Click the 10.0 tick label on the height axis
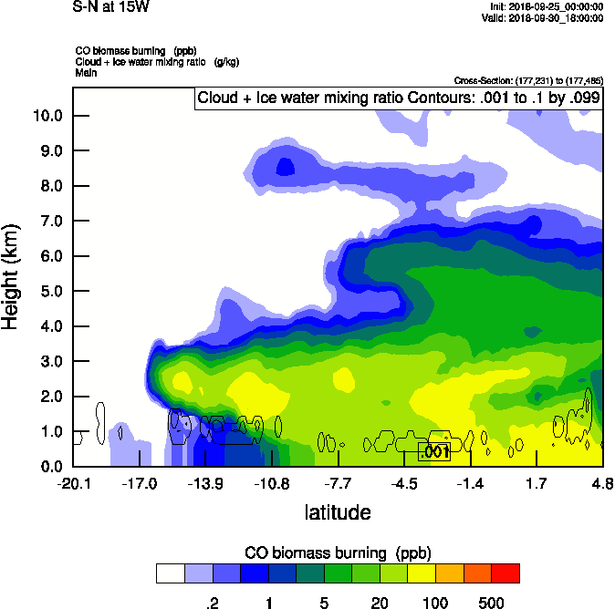pos(47,116)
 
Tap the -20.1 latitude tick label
pos(73,483)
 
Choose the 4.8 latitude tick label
pos(602,483)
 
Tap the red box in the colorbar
pos(506,573)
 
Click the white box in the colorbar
pos(170,573)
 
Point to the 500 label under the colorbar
pos(491,603)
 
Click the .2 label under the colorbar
pos(212,603)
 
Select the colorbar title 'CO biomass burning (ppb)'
pos(338,553)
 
